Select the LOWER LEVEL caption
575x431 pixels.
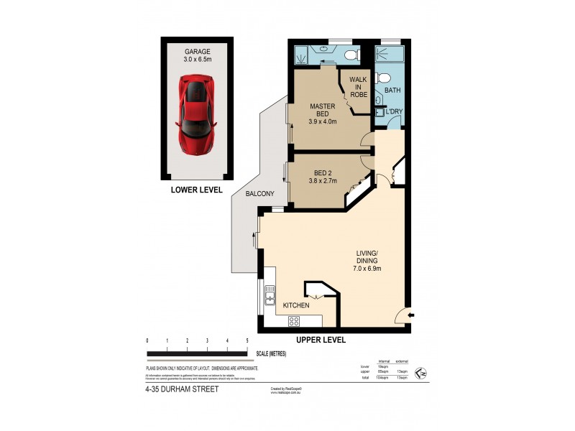(x=195, y=190)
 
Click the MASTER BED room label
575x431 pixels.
(x=323, y=110)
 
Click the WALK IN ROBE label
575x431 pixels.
(x=359, y=86)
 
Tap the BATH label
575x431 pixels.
(x=392, y=91)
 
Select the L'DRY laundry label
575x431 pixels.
(x=393, y=113)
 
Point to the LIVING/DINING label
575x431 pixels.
(x=366, y=256)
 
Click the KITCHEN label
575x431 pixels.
(x=295, y=305)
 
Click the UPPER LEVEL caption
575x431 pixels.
(x=321, y=339)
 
